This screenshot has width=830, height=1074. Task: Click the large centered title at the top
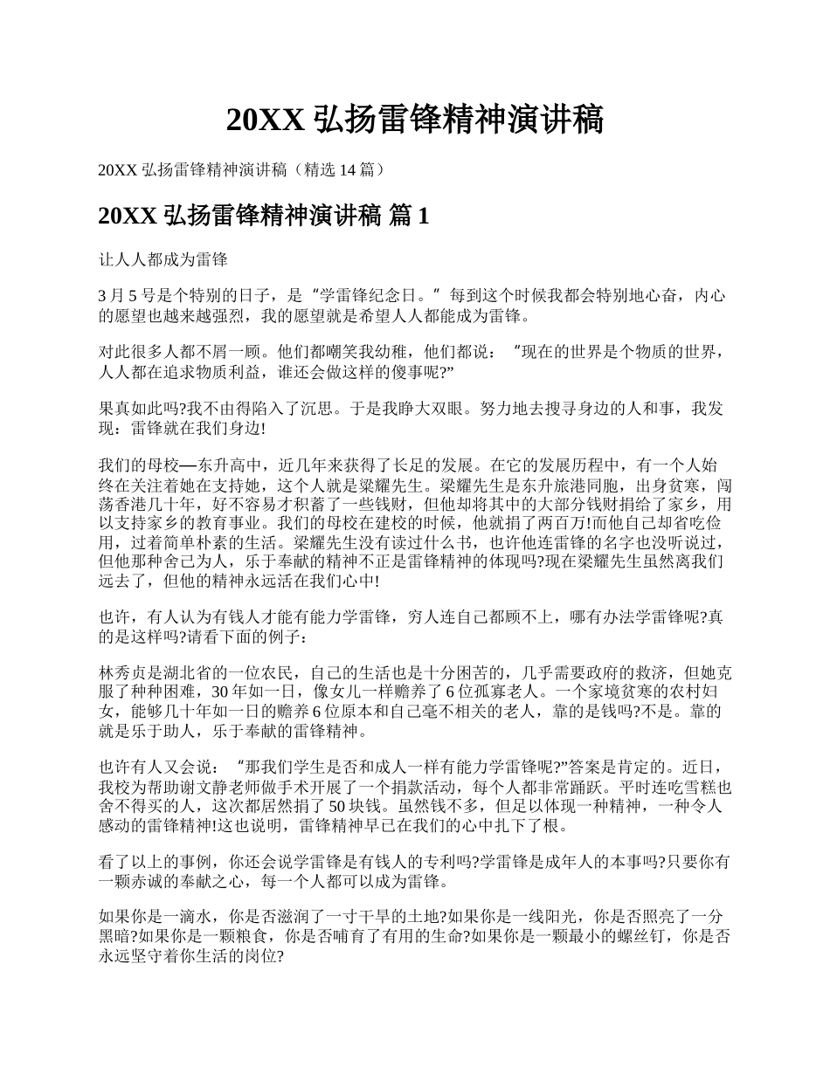click(x=415, y=120)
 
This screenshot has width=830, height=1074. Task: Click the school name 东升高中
click(x=228, y=464)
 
